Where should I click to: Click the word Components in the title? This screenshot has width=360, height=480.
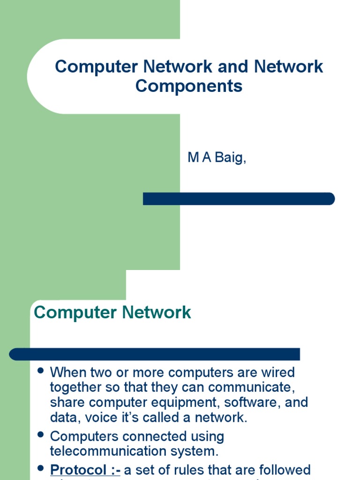189,86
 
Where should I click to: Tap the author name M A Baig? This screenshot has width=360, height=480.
217,158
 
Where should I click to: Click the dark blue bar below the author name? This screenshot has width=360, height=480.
239,199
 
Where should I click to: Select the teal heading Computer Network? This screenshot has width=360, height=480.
112,312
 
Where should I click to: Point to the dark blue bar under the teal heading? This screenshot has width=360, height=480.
155,354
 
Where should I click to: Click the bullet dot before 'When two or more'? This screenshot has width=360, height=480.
40,371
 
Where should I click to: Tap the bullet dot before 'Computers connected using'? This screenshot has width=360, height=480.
40,435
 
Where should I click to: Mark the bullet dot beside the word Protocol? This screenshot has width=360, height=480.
40,468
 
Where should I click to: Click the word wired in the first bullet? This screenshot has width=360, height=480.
278,373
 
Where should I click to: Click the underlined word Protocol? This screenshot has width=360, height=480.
79,470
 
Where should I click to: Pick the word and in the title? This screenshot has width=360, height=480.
233,67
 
